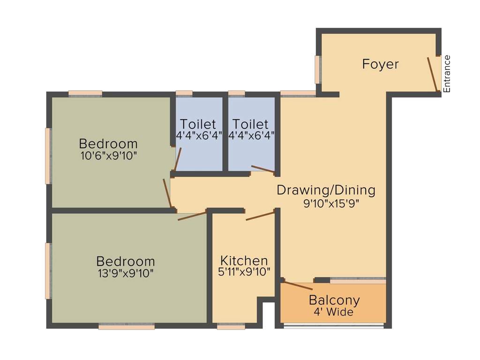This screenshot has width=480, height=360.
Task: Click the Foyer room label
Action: tap(380, 64)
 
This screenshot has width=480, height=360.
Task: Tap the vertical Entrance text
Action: tap(447, 74)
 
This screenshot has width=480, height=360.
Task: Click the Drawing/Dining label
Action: tap(326, 190)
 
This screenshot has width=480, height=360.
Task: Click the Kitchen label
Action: tap(244, 261)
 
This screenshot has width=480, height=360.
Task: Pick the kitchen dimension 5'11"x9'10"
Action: tap(245, 272)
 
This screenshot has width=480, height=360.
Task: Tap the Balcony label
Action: tap(334, 300)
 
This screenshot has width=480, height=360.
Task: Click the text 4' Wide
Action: tap(334, 312)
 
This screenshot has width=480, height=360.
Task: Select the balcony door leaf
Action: tap(298, 285)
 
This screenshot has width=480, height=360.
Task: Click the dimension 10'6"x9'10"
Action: tap(108, 156)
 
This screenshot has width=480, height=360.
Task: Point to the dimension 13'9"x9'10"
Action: tap(125, 273)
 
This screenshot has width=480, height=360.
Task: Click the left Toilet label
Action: tap(198, 124)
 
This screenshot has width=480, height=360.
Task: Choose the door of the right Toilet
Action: tap(263, 169)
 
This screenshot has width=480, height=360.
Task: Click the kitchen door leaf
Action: tap(260, 216)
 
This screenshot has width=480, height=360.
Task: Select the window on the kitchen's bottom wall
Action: tap(231, 327)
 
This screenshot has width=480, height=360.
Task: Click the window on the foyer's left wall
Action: tap(318, 70)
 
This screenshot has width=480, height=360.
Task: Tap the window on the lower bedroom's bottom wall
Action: tap(127, 327)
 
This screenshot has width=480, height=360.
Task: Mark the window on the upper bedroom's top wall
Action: tap(85, 93)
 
